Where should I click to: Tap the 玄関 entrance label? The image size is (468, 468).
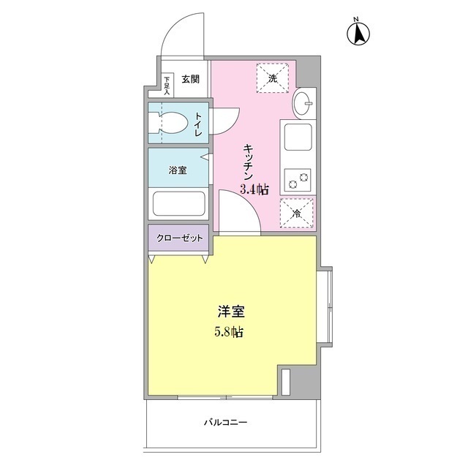pos(190,79)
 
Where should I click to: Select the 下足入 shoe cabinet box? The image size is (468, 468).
pos(167,86)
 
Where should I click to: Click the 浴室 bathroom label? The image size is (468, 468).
pos(178,170)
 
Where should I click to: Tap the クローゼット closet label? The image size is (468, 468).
pos(179,238)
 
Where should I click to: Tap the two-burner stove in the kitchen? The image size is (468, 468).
pos(297,178)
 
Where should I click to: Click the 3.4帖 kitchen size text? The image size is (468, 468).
pos(254,189)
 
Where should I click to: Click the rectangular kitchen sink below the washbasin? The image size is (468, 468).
pos(297,137)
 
